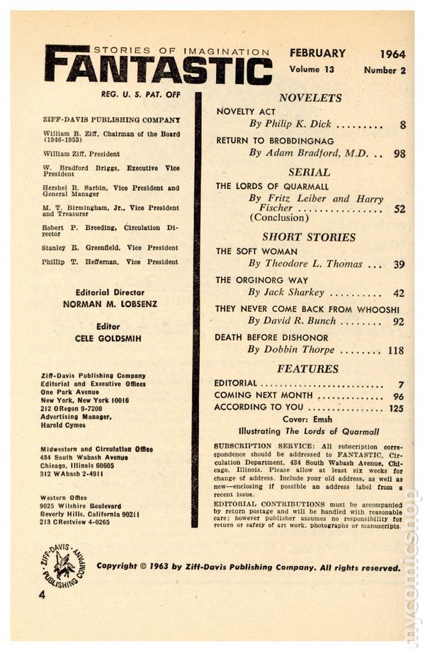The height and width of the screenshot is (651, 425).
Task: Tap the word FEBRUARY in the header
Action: (317, 53)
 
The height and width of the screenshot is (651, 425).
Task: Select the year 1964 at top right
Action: (392, 54)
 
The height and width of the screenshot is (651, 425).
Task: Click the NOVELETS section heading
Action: (310, 98)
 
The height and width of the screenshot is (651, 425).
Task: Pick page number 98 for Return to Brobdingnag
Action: (399, 153)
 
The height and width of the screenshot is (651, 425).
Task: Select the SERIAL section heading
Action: (310, 172)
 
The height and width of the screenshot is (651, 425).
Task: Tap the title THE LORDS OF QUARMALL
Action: (273, 186)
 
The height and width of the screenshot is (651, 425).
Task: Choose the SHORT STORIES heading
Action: (309, 237)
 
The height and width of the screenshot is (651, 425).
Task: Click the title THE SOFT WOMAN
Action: (256, 251)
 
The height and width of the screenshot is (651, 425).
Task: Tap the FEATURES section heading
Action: (307, 369)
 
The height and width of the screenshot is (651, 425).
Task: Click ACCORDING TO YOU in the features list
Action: (259, 408)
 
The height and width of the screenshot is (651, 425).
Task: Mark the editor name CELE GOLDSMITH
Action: (108, 339)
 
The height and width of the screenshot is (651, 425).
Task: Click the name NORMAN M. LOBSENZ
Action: (109, 304)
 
